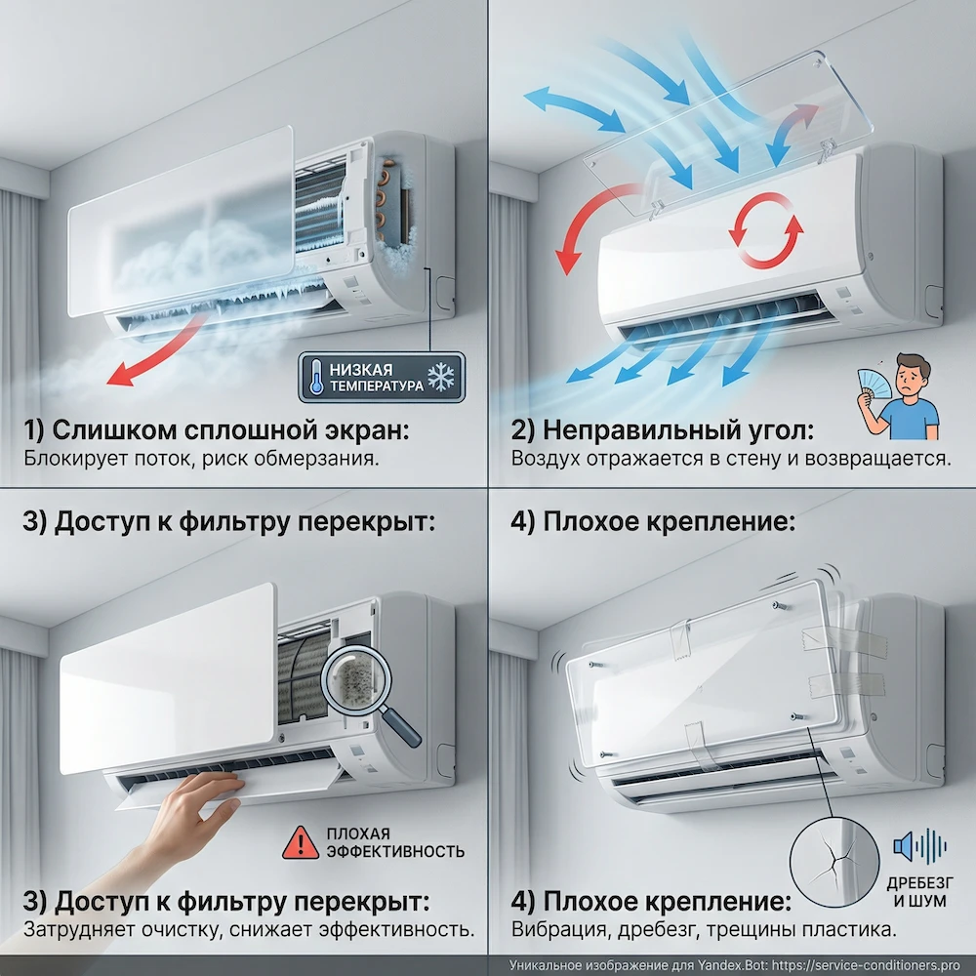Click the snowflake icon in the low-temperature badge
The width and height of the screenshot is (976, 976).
(441, 378)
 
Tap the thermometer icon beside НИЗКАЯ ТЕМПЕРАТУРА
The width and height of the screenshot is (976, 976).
(315, 378)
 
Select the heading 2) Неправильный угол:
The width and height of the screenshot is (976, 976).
(664, 430)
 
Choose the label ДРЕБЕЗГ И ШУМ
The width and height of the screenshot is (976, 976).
(922, 888)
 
